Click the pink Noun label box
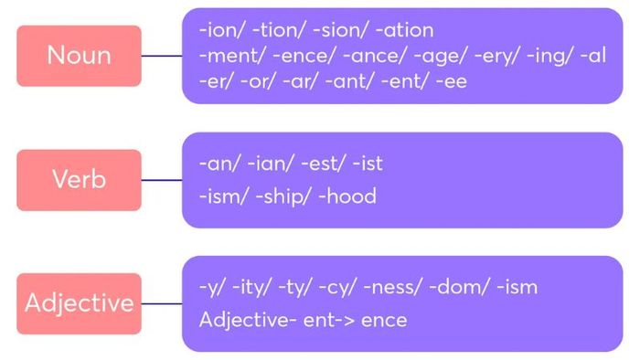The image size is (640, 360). click(79, 56)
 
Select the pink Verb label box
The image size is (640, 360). click(79, 180)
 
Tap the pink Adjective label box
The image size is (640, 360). click(79, 303)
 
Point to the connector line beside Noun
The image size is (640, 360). click(162, 56)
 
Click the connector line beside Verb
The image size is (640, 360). click(162, 180)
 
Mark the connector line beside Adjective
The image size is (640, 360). click(162, 303)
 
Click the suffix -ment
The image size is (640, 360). click(225, 56)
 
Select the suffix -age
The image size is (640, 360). click(434, 56)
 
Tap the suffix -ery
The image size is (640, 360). click(488, 56)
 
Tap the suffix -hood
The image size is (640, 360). click(348, 196)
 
